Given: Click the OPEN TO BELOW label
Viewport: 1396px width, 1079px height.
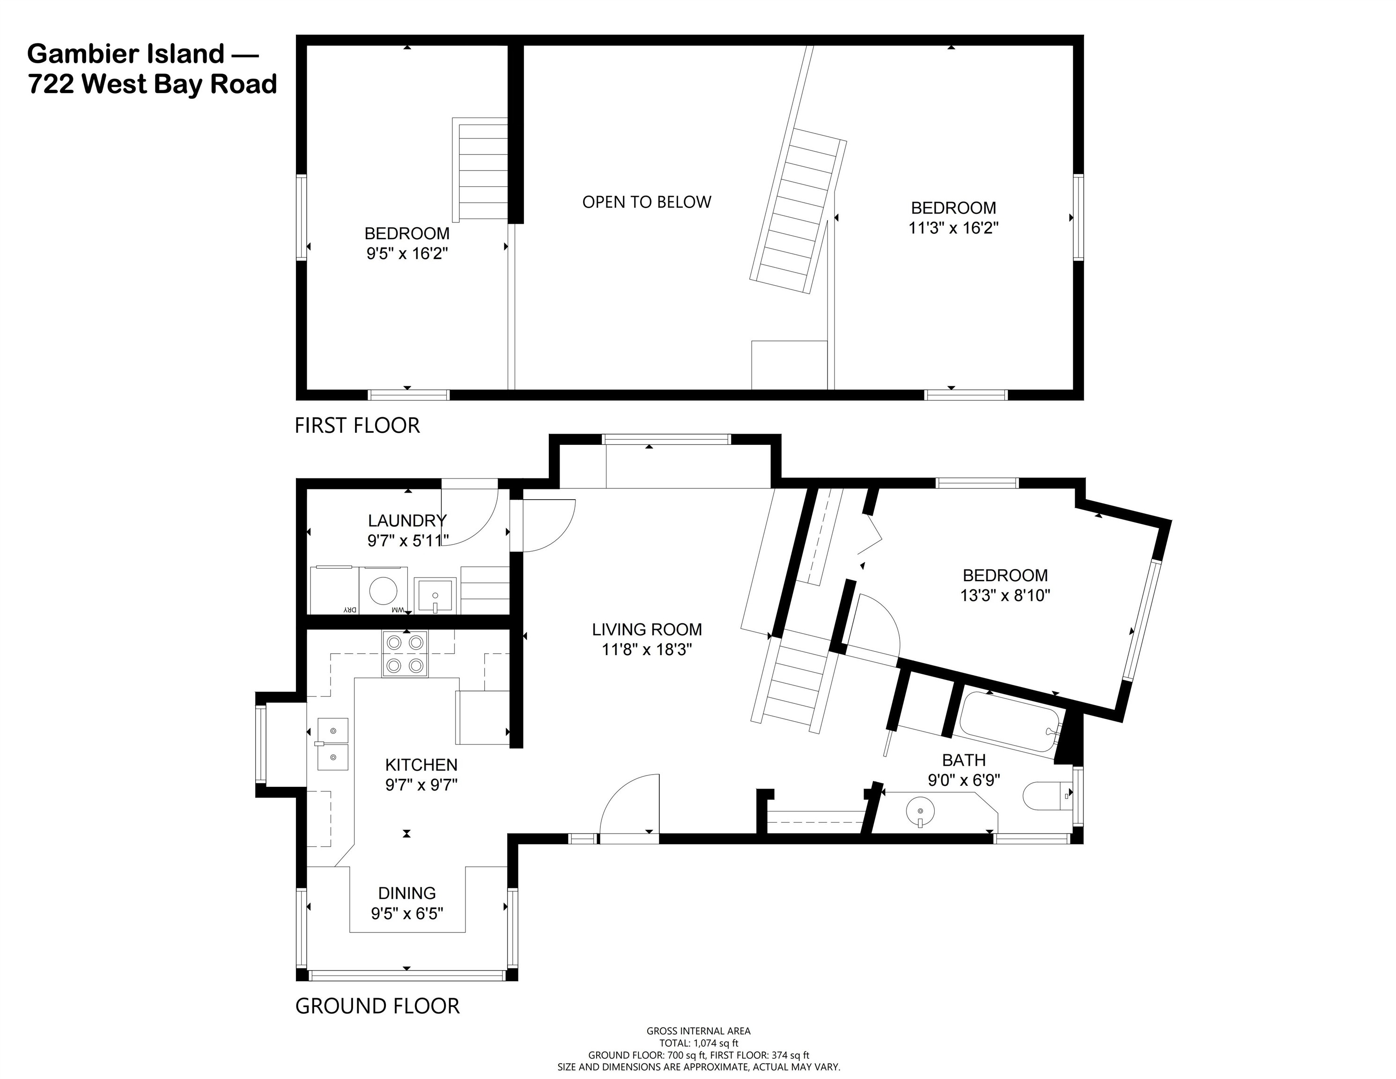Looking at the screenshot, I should [x=646, y=202].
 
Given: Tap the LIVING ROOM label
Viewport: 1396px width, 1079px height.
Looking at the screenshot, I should [x=646, y=629].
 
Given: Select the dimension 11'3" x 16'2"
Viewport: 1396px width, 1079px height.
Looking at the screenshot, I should [x=953, y=228].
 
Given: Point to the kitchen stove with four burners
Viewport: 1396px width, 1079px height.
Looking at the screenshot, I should [x=405, y=653].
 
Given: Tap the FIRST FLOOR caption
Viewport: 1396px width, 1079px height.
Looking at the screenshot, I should [x=357, y=426].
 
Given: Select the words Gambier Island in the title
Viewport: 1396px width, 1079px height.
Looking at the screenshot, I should [x=126, y=54].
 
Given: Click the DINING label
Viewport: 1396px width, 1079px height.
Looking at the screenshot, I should [x=406, y=893].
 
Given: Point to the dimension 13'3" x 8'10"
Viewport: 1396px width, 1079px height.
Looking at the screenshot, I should [x=1005, y=596].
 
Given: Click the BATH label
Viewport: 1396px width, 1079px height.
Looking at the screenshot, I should [x=963, y=760].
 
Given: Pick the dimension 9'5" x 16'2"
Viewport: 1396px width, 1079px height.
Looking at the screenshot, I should [x=406, y=254].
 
